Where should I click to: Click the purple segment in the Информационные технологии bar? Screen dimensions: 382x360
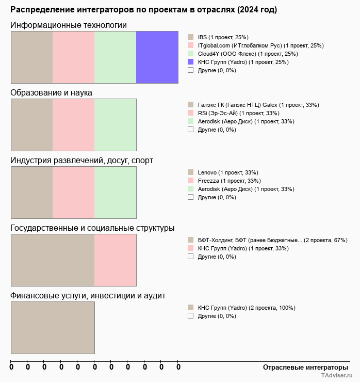point(157,57)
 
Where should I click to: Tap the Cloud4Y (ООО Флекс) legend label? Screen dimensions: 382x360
point(240,54)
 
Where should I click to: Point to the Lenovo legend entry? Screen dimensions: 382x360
point(228,172)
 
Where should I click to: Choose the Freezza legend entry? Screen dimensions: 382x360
point(229,181)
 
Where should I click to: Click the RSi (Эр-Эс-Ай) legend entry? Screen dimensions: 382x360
point(238,113)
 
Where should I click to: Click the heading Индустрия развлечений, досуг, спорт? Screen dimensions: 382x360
point(81,161)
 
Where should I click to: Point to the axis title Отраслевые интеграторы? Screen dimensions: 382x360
point(302,367)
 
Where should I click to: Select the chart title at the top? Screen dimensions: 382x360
point(143,10)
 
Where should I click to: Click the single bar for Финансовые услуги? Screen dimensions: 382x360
point(53,328)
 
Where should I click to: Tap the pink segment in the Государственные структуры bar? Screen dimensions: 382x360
point(115,260)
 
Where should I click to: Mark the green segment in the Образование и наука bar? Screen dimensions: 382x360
point(115,124)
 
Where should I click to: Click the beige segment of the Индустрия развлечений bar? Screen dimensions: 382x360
point(31,193)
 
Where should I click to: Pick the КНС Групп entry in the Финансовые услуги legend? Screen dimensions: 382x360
point(246,308)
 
